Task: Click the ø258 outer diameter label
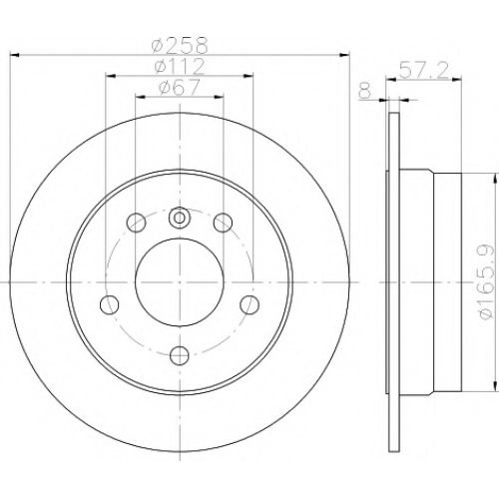[180, 45]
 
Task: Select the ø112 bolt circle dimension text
[179, 66]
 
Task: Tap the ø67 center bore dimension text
[180, 87]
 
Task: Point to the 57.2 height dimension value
[423, 70]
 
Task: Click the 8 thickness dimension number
[365, 91]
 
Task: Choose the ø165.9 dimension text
[486, 282]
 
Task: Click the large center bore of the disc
[180, 282]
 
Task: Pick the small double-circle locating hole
[180, 218]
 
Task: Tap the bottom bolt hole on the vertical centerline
[180, 355]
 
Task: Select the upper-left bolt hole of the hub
[137, 223]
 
